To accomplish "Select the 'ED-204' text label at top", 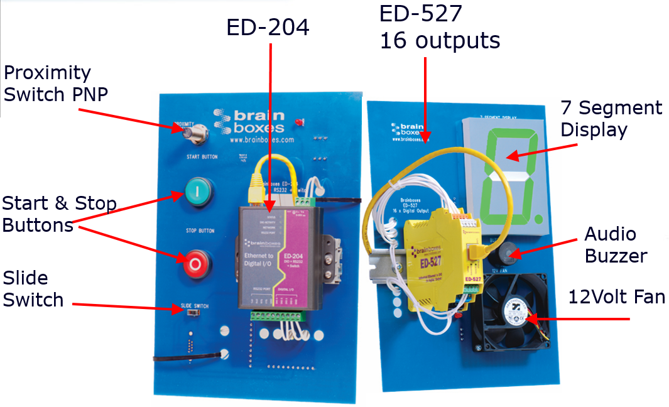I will (268, 28).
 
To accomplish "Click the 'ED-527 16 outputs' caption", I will (440, 28).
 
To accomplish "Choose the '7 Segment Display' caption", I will (611, 119).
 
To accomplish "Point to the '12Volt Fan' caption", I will (616, 296).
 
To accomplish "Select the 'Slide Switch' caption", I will (33, 289).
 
